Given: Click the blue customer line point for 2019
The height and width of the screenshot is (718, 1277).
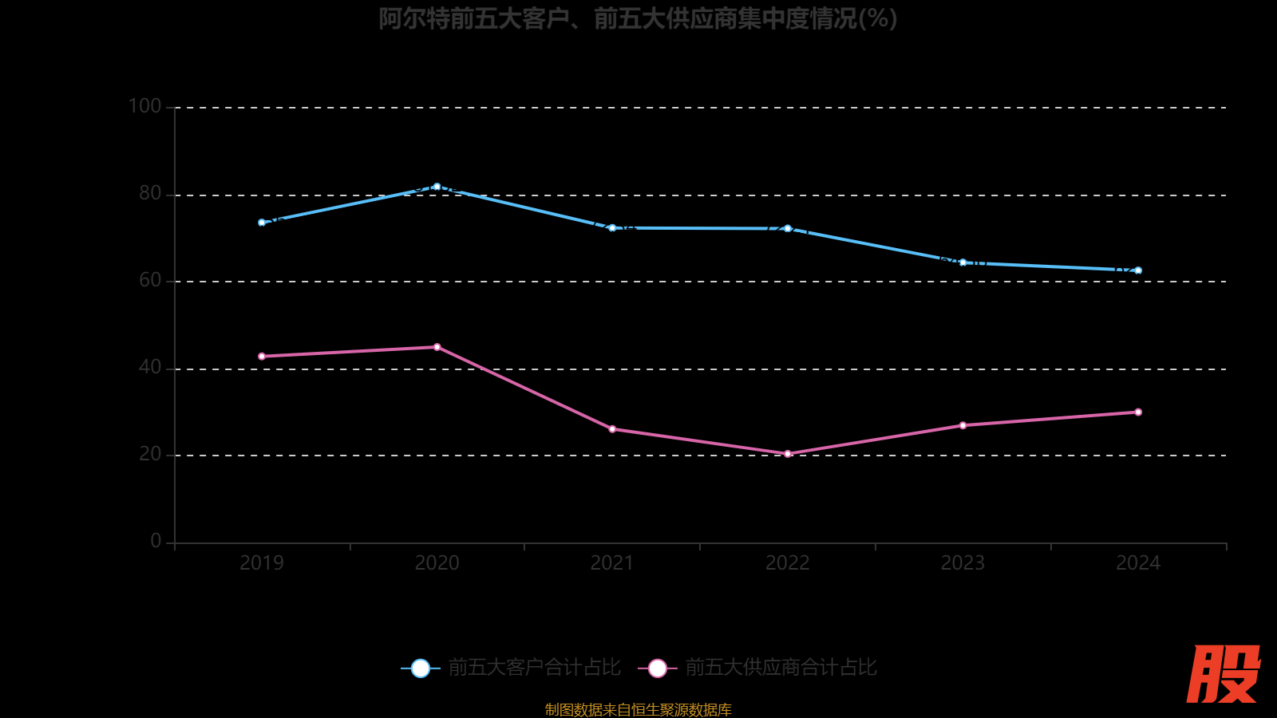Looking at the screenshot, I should [262, 223].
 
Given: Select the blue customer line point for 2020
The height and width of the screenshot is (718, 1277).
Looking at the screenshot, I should [437, 187].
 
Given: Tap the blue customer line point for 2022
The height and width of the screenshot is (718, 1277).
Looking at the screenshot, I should [788, 229].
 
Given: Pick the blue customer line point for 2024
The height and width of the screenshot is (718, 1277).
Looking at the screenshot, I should [1138, 270].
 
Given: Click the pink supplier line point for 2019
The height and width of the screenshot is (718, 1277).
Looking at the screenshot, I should [262, 357].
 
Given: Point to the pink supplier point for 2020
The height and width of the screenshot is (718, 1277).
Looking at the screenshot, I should [437, 347].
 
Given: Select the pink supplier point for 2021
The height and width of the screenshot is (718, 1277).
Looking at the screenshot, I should [612, 429].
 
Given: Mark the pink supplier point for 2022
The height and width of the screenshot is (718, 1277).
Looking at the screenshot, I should [788, 454].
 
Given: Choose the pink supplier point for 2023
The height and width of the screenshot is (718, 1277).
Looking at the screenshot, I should [963, 425].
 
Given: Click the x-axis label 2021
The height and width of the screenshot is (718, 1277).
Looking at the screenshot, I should [612, 563].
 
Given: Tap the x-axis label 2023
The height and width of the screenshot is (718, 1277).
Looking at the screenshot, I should [963, 563].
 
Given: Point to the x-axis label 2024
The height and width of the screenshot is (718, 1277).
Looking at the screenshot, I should [1138, 563].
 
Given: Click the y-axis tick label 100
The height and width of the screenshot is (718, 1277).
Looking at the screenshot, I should [144, 106].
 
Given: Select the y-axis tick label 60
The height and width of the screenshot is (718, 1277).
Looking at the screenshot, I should [150, 280].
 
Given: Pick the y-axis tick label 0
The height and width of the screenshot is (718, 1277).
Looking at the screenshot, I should [156, 541].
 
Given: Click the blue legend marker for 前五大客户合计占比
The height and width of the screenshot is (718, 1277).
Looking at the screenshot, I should [420, 669].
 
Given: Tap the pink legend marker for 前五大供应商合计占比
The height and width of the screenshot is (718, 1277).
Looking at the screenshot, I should [658, 669].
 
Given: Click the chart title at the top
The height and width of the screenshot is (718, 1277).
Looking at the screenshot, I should [638, 18].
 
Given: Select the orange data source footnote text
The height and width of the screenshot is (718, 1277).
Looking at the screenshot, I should [638, 709].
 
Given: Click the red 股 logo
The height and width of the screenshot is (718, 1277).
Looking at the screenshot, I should [1224, 674].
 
